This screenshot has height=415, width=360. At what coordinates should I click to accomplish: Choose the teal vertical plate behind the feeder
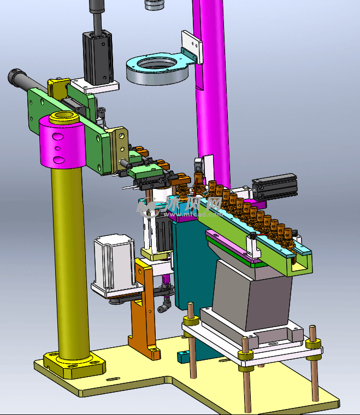pyautogui.click(x=188, y=262)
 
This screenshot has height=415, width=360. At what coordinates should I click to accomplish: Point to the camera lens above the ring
pyautogui.click(x=155, y=5)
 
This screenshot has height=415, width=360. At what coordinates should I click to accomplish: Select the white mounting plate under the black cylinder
pyautogui.click(x=96, y=85)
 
